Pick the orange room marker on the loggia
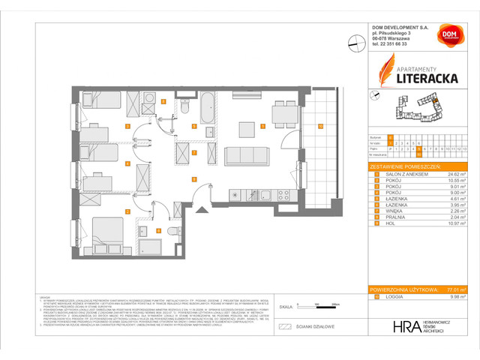[x=319, y=125]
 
